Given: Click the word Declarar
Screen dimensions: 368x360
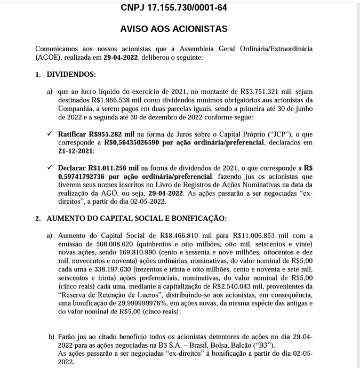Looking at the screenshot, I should [73, 168].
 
